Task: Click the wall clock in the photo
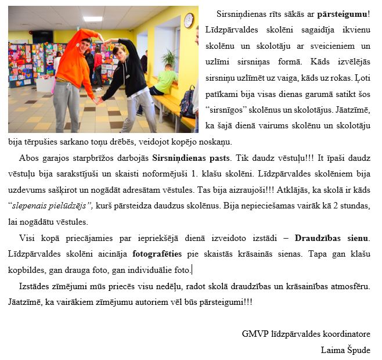tap(188, 21)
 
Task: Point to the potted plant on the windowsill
tap(169, 58)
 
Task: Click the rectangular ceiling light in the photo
tap(92, 19)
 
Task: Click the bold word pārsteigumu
tap(342, 14)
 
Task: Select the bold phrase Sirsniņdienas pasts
tap(191, 158)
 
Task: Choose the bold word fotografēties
tap(160, 254)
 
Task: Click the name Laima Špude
tap(345, 350)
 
